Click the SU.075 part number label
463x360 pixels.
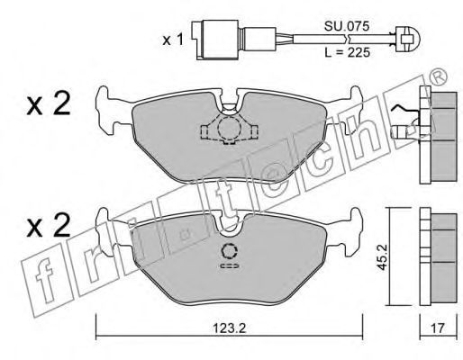click(346, 26)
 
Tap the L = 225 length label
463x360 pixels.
click(348, 53)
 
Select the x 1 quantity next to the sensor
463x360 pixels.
click(173, 40)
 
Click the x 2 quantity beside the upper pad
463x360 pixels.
click(49, 103)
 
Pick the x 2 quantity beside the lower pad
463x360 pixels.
click(49, 226)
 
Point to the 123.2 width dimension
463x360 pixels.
click(230, 328)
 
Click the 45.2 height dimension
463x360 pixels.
click(383, 257)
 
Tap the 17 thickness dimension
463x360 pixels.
click(438, 328)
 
